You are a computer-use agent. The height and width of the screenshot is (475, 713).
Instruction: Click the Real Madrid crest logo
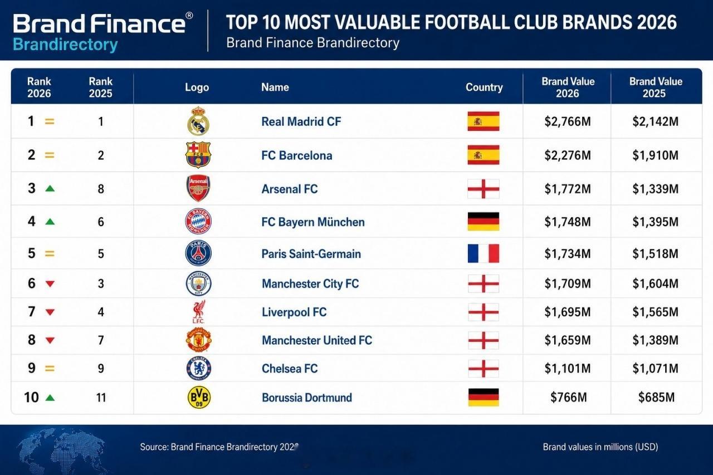(198, 121)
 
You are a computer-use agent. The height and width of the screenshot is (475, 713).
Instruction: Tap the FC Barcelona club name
(297, 155)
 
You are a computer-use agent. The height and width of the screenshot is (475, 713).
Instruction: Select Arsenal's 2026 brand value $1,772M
(568, 189)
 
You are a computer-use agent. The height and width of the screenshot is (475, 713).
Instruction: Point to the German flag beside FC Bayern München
(483, 222)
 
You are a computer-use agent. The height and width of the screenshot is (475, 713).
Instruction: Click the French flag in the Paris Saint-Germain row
(483, 253)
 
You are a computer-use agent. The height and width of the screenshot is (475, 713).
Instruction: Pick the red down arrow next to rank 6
(50, 283)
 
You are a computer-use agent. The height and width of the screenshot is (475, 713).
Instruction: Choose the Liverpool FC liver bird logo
(199, 312)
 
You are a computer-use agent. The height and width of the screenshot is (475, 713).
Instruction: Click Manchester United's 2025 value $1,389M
(656, 340)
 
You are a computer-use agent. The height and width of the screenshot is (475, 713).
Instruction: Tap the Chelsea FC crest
(199, 369)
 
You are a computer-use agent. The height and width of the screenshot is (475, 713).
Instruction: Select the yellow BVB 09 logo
(199, 398)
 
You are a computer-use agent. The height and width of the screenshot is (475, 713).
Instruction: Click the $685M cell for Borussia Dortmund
(656, 398)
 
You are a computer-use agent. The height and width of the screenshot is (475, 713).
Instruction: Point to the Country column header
(484, 87)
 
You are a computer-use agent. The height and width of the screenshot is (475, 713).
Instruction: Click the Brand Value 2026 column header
(568, 87)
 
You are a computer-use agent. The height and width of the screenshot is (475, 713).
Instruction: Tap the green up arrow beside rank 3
(50, 189)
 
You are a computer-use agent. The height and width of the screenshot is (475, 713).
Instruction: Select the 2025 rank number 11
(101, 398)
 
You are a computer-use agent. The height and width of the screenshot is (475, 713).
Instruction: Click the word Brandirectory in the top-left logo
(65, 45)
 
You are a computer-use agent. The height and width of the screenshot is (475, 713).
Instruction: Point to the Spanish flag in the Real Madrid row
(483, 121)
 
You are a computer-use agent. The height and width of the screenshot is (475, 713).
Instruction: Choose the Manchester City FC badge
(199, 283)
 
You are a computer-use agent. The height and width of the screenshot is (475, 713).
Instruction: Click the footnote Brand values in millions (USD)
(600, 447)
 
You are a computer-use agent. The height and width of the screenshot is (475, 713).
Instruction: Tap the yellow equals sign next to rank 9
(50, 369)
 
